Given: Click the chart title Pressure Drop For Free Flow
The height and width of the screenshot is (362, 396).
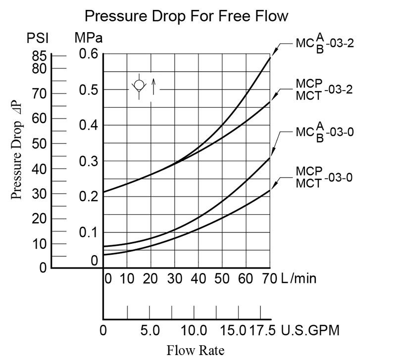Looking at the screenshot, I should point(186,16).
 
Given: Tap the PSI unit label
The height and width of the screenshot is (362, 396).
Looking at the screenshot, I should point(38,38).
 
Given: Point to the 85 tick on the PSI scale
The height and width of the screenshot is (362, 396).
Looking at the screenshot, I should point(39,56).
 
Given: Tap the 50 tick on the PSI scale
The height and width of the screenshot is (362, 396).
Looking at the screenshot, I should point(39,143).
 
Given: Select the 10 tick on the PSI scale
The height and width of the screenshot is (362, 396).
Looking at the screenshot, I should point(39,243).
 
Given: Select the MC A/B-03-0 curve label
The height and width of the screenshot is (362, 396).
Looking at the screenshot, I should point(324,133).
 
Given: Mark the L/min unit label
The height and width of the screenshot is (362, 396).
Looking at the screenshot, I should point(298,278).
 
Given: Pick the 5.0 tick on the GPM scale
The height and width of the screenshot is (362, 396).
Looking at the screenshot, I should point(149,330).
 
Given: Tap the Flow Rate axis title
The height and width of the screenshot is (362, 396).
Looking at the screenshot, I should point(196,351).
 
